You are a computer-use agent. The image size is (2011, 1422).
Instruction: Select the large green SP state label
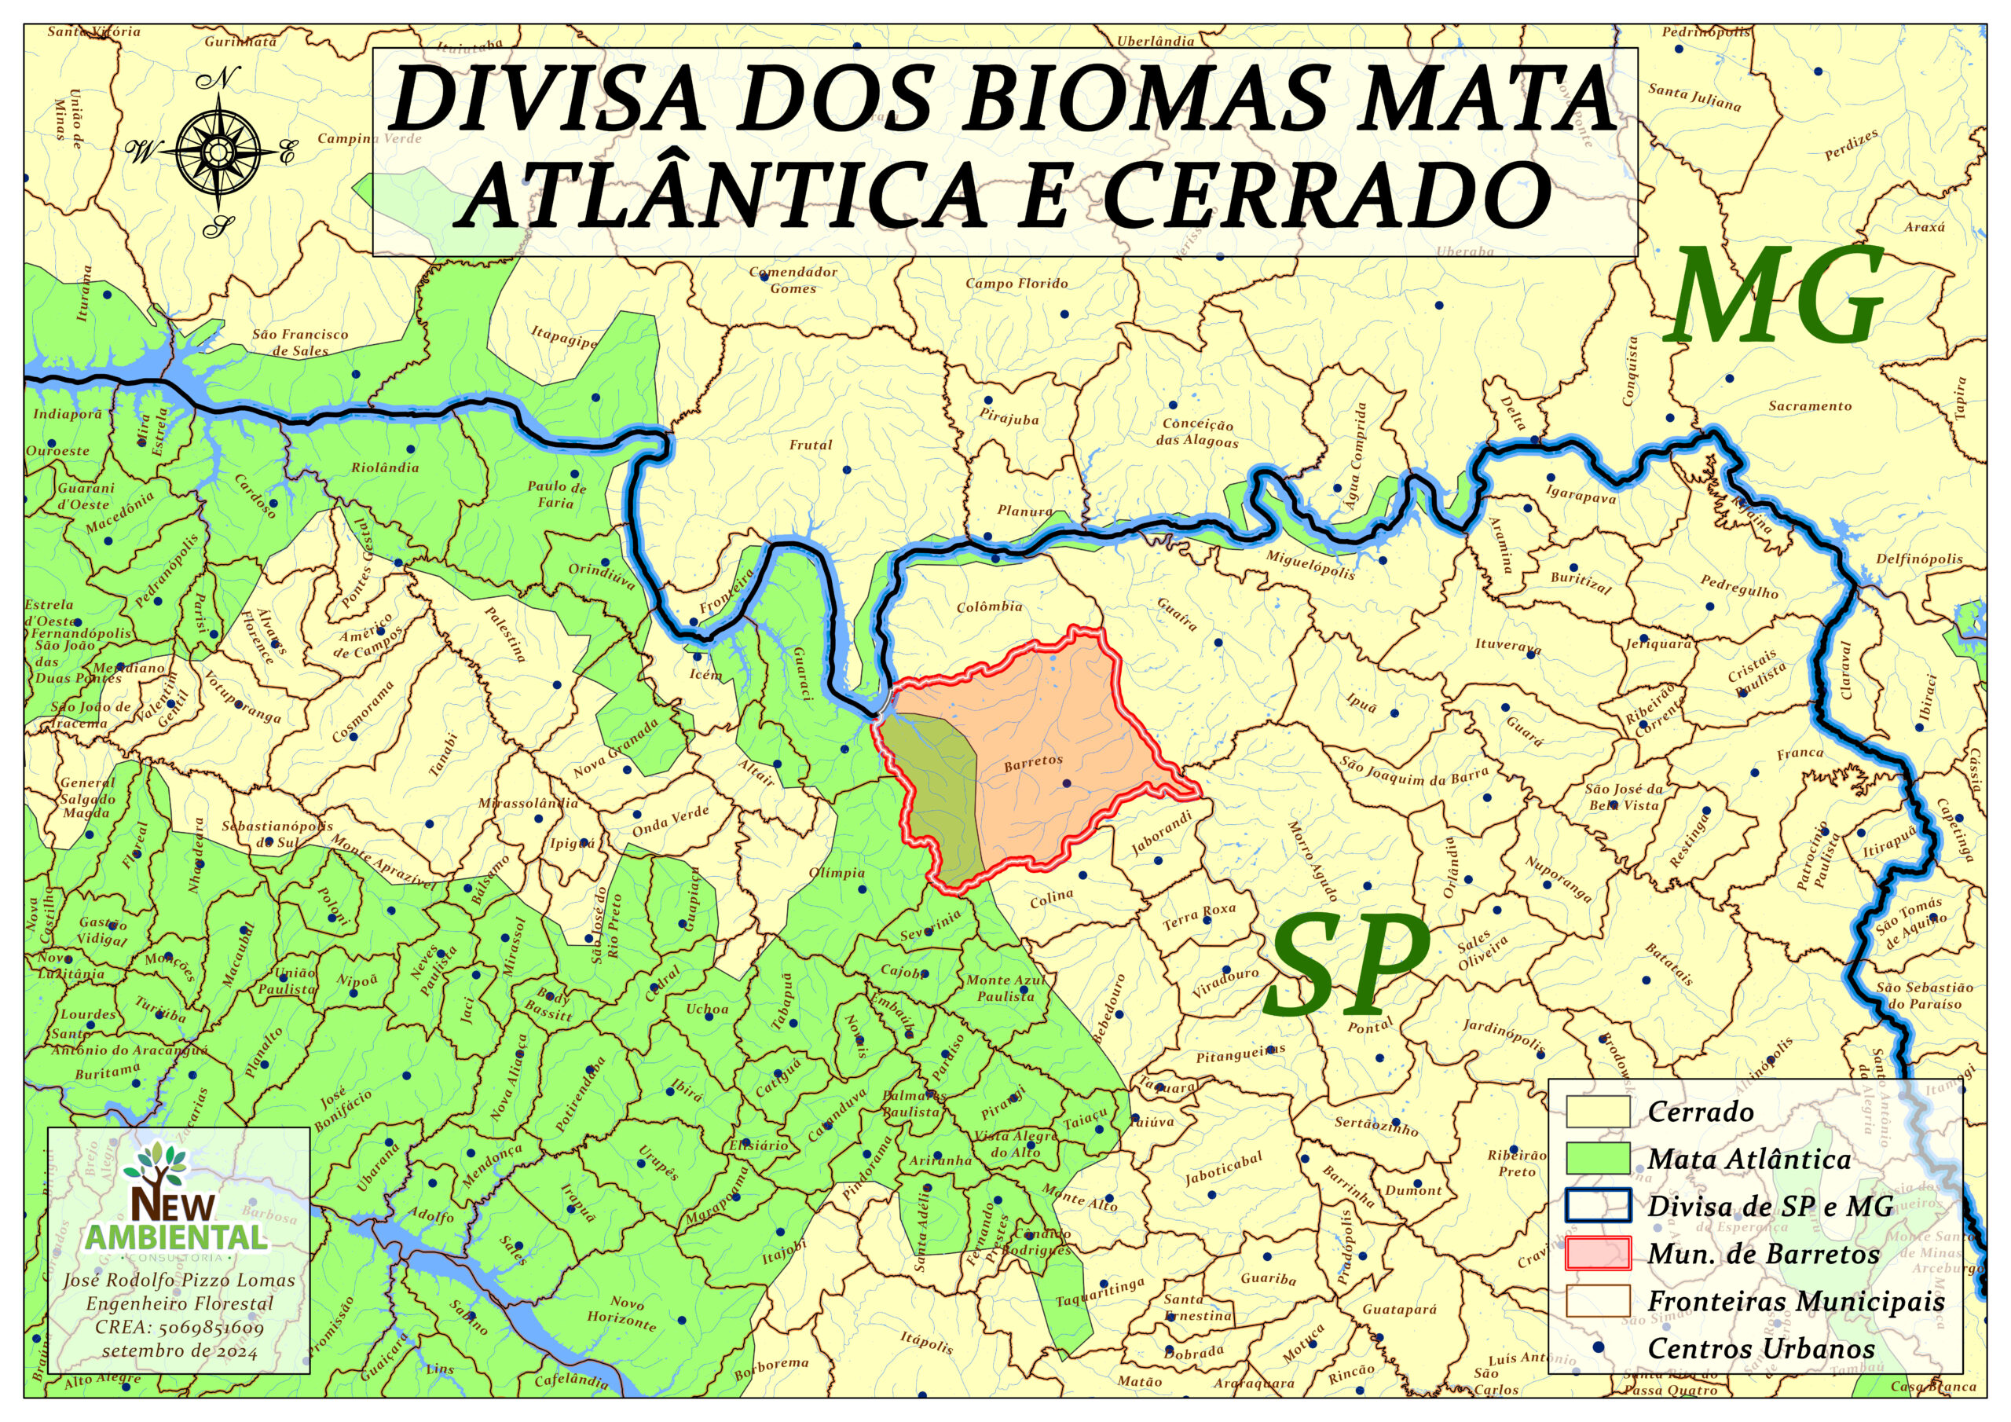1347,963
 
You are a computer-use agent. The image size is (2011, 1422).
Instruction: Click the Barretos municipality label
1033,763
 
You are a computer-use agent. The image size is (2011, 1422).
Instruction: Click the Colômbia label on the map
989,607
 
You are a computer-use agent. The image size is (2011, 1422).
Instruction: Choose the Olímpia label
837,873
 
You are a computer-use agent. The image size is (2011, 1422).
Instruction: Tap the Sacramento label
1810,405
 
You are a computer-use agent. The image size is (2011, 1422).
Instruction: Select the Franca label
1800,753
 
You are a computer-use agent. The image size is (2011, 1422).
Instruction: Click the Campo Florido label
1016,283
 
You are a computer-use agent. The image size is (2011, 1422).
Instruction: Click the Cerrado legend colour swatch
1598,1112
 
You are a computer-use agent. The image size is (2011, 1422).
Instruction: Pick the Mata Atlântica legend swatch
1598,1158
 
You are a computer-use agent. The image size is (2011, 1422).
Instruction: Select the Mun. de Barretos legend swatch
1598,1253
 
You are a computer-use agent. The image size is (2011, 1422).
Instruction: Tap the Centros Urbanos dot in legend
1598,1347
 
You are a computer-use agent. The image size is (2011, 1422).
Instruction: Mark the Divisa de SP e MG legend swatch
1598,1206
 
